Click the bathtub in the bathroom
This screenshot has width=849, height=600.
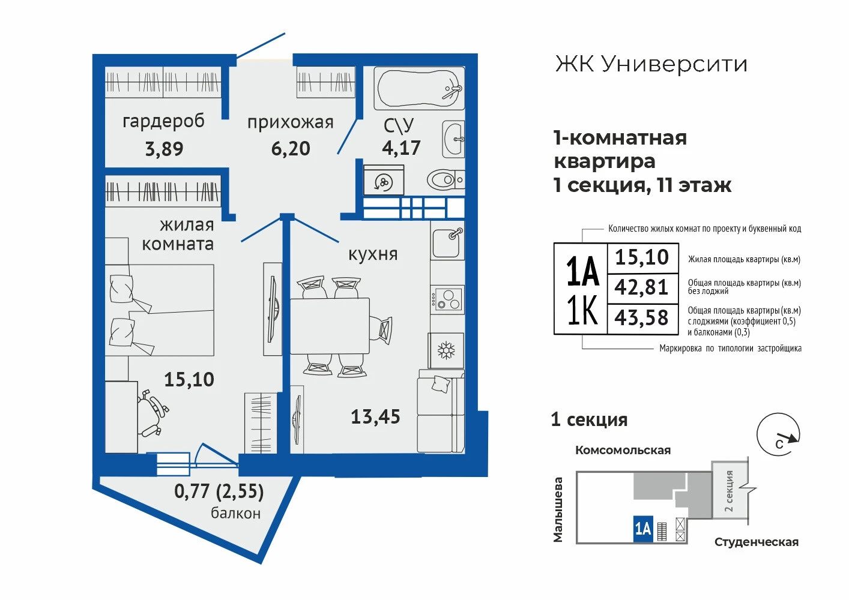pos(419,88)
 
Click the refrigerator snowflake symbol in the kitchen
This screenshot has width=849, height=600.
pos(446,350)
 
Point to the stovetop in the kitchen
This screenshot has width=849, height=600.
pos(447,299)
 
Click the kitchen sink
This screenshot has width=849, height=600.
pos(447,243)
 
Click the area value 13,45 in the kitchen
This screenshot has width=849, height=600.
pos(375,416)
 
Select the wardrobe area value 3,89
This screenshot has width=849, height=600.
pos(164,149)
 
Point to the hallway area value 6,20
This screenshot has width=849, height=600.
pos(291,148)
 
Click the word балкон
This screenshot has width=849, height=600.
pos(236,513)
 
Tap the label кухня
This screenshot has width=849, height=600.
pos(373,254)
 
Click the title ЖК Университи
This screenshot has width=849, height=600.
pos(651,64)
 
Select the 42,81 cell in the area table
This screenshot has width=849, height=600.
pos(642,288)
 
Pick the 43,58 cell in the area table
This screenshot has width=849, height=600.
pos(642,318)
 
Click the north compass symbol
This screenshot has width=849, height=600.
pos(779,435)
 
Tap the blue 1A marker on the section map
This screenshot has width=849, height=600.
pos(643,529)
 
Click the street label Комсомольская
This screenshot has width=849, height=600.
pos(623,451)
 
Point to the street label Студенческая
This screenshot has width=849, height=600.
pos(757,542)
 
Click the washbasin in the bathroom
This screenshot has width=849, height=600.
pos(453,139)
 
